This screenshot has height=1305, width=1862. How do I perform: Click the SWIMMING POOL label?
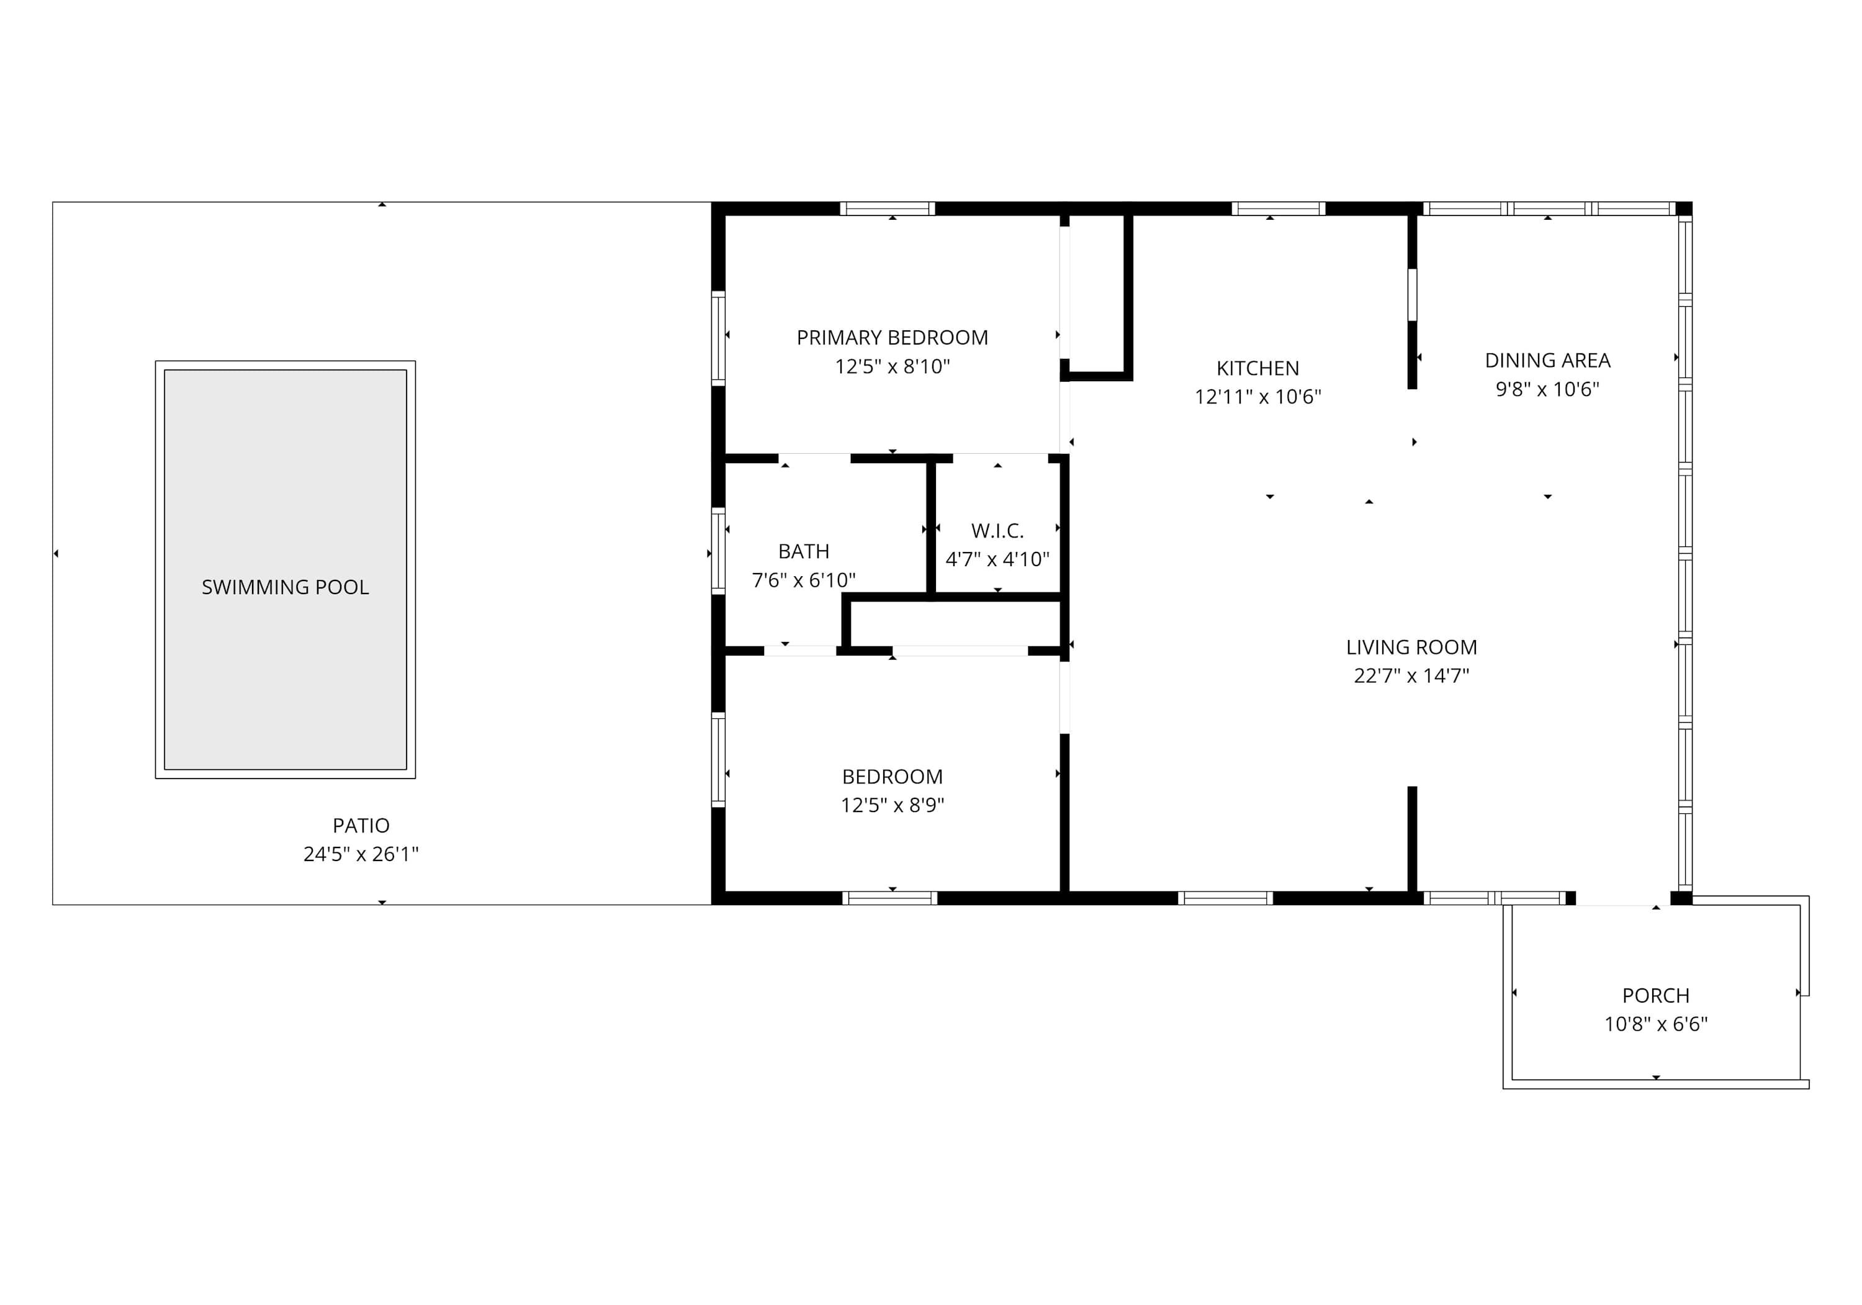285,587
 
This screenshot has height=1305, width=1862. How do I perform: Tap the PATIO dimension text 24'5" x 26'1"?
361,854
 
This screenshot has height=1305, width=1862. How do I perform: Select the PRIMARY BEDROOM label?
892,337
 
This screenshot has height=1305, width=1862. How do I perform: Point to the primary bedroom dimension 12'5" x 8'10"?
892,366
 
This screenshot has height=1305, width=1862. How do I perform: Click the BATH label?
804,551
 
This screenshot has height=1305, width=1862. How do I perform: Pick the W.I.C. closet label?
997,531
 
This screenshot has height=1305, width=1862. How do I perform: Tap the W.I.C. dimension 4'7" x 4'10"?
997,559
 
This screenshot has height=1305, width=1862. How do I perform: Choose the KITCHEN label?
1258,368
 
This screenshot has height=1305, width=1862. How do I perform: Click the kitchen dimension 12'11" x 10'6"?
1258,397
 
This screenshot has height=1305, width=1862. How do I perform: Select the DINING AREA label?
1547,360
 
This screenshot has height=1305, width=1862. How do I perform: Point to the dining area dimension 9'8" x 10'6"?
1547,389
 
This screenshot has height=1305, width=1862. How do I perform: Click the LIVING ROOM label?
1411,648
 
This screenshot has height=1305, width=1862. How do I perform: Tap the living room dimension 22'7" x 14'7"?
1411,675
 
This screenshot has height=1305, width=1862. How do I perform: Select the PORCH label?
1656,995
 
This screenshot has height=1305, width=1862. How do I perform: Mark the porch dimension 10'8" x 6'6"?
1656,1024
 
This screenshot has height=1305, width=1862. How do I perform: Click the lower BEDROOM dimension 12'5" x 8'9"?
892,805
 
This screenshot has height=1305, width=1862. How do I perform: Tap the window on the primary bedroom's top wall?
887,209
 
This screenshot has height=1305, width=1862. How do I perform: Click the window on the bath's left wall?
717,551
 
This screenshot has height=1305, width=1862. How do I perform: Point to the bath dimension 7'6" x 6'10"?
804,580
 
